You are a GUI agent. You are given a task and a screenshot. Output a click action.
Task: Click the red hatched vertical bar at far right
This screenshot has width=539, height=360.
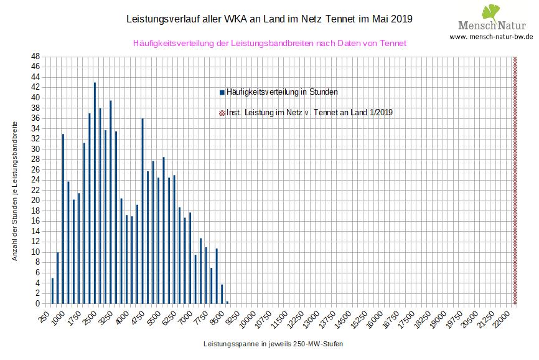[x=515, y=180]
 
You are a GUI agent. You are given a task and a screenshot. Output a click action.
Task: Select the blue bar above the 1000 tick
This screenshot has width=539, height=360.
[x=63, y=219]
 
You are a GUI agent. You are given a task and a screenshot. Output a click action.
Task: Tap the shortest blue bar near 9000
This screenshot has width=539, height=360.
[x=227, y=302]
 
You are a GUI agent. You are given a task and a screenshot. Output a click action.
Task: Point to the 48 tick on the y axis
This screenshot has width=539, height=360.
[x=37, y=56]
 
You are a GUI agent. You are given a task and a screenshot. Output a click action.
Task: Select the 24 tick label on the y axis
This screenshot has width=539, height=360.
[x=37, y=180]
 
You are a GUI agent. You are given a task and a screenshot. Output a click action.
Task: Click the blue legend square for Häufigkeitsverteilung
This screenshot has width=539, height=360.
[x=222, y=92]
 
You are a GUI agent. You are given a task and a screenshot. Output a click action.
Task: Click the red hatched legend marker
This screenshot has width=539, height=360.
[x=222, y=113]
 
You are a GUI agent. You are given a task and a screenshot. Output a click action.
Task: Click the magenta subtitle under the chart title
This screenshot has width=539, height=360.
[x=269, y=44]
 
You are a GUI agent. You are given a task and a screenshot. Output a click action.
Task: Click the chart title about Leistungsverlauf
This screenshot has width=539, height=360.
[x=269, y=19]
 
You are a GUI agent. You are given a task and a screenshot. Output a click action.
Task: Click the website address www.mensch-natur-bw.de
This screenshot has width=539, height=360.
[x=491, y=37]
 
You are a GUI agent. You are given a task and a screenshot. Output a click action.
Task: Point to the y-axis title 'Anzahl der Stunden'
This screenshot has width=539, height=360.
[x=15, y=191]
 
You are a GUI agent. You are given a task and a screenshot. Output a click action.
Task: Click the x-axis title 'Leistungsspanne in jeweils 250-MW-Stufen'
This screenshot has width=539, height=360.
[x=273, y=344]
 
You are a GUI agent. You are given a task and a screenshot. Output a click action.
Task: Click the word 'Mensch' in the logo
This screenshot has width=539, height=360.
[x=476, y=26]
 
